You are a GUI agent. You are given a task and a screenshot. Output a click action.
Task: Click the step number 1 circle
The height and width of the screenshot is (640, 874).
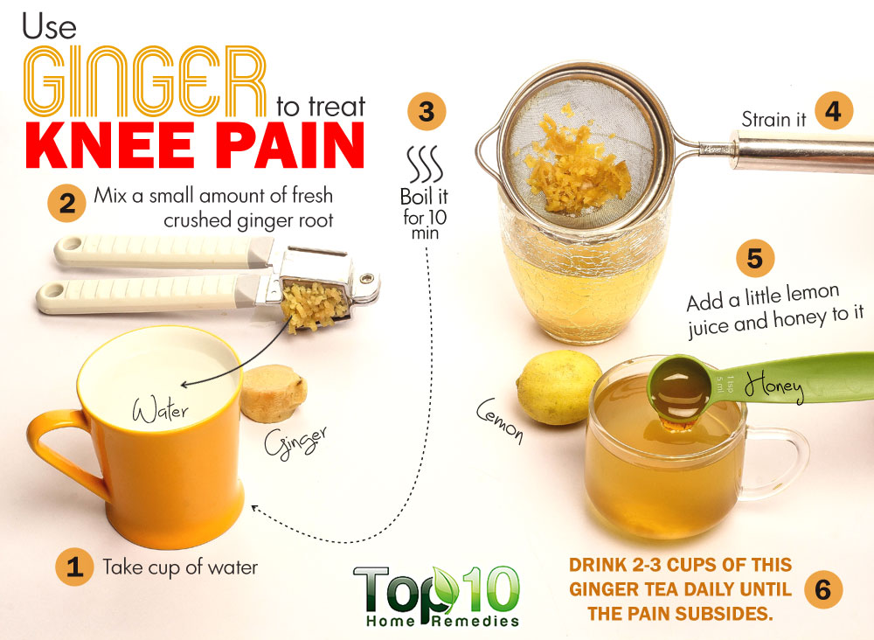[x=74, y=567]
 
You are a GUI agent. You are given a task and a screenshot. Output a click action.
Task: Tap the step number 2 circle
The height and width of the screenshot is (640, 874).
[x=67, y=203]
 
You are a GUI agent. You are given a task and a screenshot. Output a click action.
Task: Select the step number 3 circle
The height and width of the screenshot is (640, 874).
[x=427, y=111]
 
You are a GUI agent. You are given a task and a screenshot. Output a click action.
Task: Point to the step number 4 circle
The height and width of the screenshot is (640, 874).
[x=834, y=111]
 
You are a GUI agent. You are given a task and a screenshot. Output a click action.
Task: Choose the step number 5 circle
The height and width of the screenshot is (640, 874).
[x=755, y=258]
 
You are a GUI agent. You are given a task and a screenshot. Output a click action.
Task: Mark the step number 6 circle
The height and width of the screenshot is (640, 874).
[x=823, y=589]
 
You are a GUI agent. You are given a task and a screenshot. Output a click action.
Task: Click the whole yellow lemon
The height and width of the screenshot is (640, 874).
[x=558, y=386]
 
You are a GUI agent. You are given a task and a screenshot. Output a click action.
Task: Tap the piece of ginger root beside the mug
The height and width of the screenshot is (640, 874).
[x=273, y=393]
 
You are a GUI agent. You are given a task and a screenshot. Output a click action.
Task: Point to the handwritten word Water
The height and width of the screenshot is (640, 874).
[x=161, y=410]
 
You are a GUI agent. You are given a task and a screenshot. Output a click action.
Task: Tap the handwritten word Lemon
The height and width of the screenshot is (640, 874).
[x=500, y=421]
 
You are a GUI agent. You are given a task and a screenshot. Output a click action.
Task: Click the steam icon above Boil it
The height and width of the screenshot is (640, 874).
[x=425, y=164]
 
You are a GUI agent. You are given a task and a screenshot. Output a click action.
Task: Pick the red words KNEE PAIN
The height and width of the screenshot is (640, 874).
[x=195, y=145]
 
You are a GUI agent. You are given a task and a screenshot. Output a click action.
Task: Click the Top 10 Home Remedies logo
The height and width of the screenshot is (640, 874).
[x=436, y=596]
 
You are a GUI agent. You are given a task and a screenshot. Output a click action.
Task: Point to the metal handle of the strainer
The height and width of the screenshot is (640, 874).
[x=802, y=151]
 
